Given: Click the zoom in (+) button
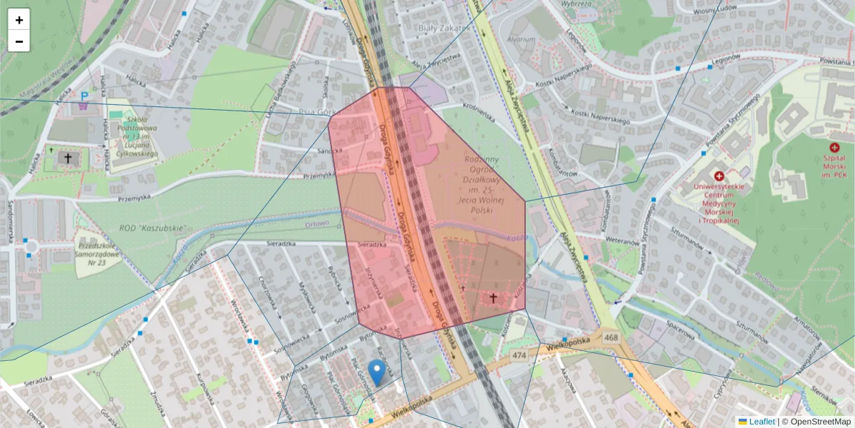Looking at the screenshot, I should (19, 20).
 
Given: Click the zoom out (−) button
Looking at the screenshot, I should (19, 41).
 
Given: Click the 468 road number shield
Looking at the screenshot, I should (611, 336).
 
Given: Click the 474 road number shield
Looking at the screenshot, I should (519, 355).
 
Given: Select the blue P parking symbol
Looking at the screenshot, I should (85, 96).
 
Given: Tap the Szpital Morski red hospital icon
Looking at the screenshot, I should (834, 147).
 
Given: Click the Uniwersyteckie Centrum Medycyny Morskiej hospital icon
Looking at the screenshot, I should (719, 176).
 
